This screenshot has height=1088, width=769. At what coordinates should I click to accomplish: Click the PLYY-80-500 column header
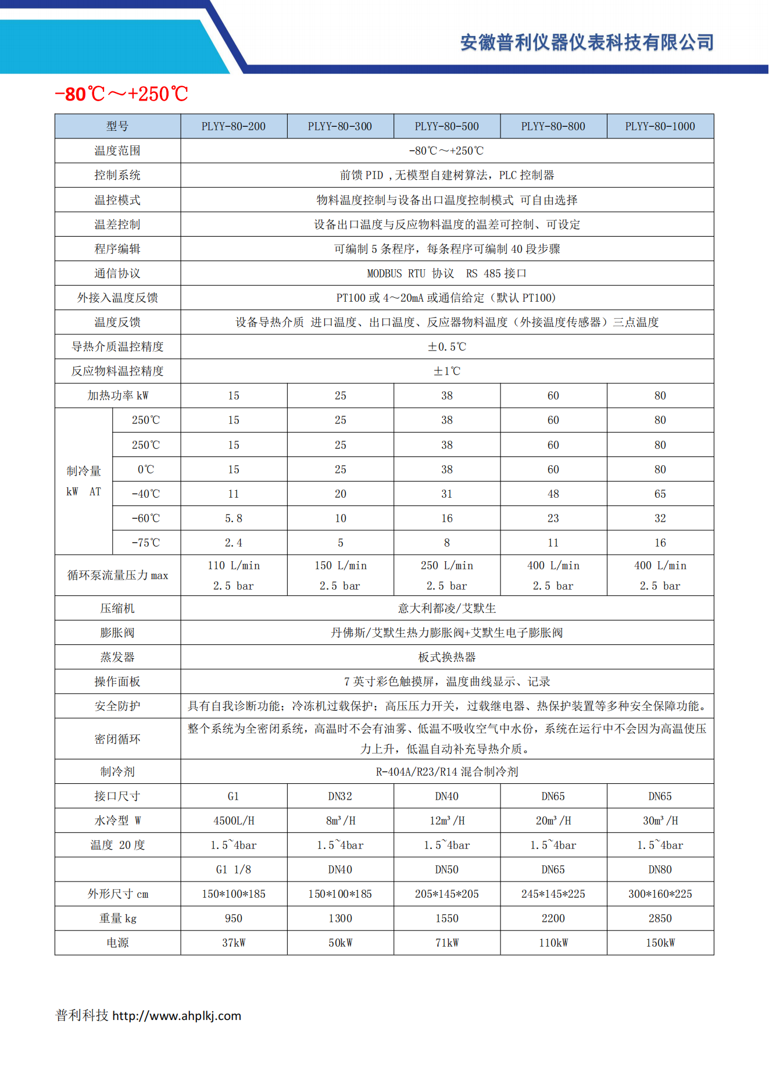point(446,126)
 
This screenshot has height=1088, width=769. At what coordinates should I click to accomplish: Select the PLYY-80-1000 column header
point(660,126)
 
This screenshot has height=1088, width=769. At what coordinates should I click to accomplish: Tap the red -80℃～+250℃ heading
point(121,94)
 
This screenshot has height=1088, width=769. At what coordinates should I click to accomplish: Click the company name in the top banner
point(586,42)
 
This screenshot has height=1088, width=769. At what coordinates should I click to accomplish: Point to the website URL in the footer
point(176,1016)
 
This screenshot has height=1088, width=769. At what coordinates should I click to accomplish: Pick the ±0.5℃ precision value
point(446,347)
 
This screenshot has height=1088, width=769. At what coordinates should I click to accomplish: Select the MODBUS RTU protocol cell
point(446,273)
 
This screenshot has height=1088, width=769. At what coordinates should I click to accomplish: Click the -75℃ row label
point(145,543)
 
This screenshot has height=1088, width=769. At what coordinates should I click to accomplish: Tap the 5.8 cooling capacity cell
point(234,518)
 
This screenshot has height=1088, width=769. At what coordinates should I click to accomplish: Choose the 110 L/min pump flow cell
point(234,565)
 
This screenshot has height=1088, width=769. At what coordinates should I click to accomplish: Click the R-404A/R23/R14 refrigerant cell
point(446,772)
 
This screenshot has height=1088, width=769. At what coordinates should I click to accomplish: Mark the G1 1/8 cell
point(234,869)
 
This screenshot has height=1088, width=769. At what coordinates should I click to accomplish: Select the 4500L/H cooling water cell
point(234,821)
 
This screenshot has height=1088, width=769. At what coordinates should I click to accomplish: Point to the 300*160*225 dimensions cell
point(660,894)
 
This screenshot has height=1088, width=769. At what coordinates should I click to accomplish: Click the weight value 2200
point(553,918)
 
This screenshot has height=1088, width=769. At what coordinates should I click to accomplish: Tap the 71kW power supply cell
point(446,943)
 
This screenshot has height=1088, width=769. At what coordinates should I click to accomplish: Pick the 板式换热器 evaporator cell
point(446,657)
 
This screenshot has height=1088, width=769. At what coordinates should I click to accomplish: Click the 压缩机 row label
point(117,608)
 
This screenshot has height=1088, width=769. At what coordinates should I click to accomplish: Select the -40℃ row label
point(145,494)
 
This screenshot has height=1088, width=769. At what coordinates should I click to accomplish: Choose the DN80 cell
point(660,869)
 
